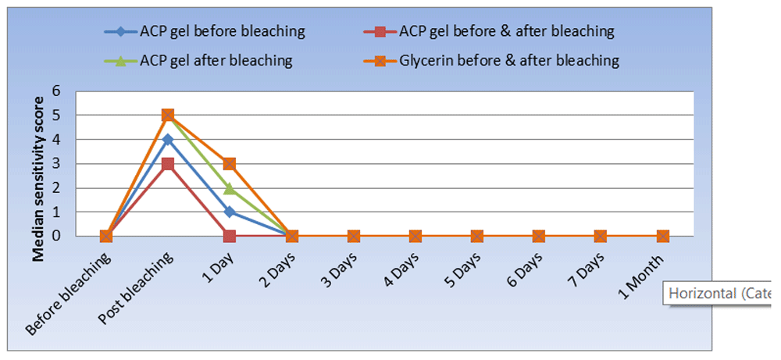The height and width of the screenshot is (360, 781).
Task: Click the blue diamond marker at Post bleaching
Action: [167, 140]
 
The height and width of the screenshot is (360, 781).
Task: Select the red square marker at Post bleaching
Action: [167, 164]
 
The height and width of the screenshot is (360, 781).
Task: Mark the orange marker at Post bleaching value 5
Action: [167, 116]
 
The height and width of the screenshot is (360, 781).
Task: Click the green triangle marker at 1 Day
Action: [230, 187]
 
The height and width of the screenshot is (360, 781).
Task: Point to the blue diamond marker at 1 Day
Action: [230, 212]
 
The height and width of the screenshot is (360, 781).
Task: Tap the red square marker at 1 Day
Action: [230, 236]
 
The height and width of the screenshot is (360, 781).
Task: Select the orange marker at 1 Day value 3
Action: [230, 164]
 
